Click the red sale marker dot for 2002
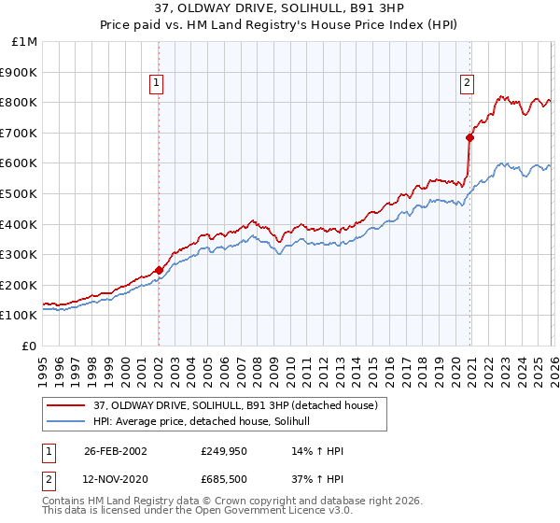[159, 270]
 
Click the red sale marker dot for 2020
[469, 137]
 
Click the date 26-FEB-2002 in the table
[115, 450]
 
